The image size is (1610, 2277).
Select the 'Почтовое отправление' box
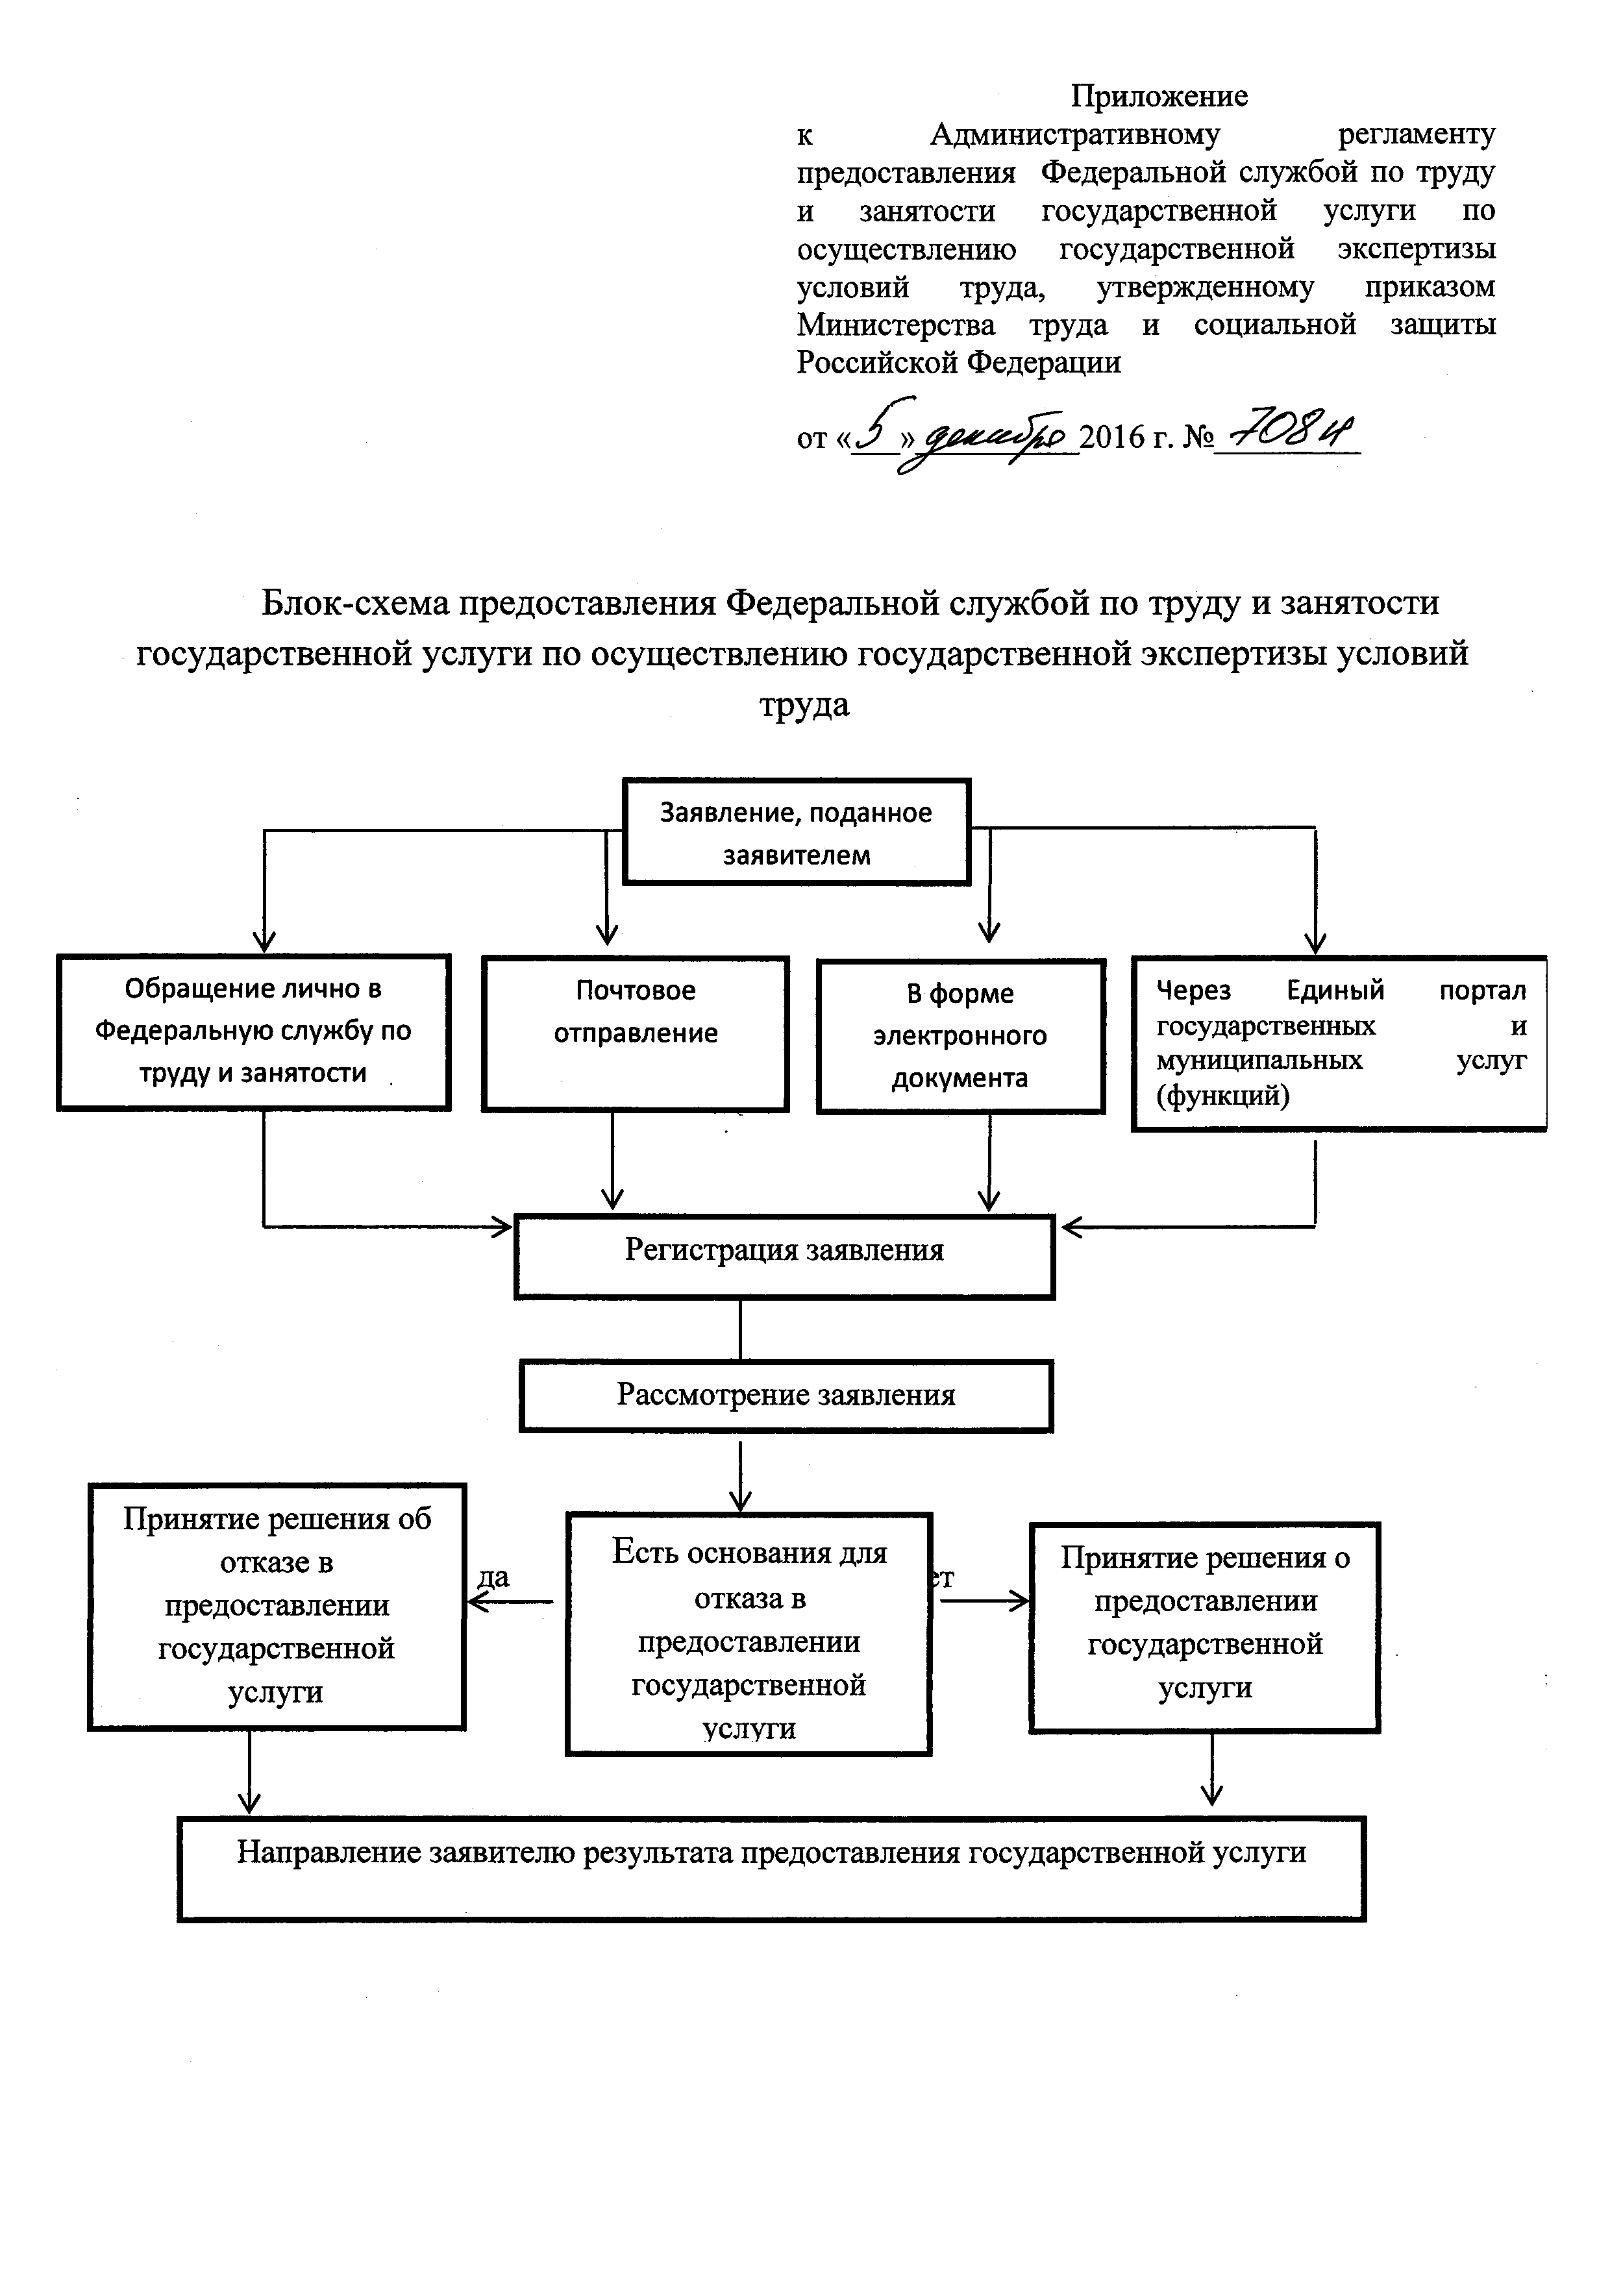click(635, 1033)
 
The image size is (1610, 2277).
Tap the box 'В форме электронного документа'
click(960, 1035)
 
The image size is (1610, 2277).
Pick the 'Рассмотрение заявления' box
click(786, 1396)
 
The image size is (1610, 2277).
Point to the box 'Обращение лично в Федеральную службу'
click(253, 1031)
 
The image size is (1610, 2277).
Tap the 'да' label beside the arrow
click(493, 1578)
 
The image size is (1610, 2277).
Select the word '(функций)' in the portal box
click(1223, 1095)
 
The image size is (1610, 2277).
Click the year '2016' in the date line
click(1111, 437)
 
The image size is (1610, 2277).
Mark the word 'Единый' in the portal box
click(1335, 990)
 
